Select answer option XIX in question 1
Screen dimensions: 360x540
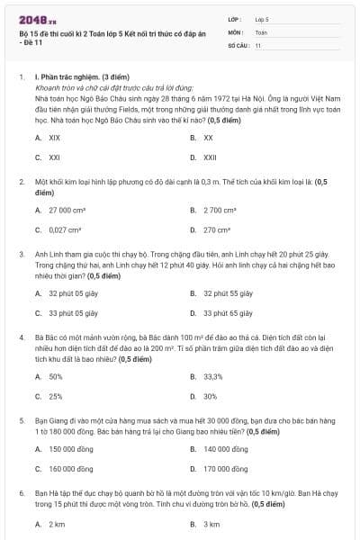click(x=54, y=138)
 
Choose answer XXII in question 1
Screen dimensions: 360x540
click(x=209, y=157)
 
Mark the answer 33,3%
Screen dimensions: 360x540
click(x=212, y=376)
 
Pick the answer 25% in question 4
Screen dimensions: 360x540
click(x=55, y=396)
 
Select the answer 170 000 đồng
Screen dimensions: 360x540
click(x=225, y=468)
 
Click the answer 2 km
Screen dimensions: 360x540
click(x=56, y=524)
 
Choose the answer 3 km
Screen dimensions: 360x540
click(x=211, y=524)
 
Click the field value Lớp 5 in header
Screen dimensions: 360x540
click(x=262, y=18)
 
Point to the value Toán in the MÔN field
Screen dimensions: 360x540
click(x=261, y=31)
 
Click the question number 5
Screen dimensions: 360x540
click(x=22, y=419)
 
